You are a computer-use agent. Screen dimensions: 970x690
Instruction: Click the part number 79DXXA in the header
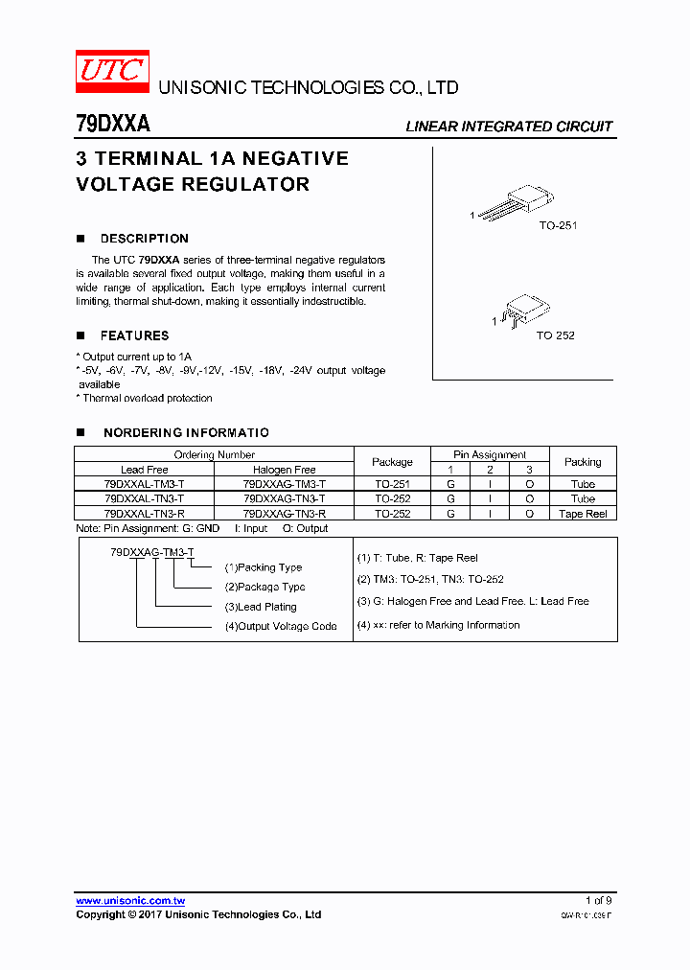(112, 125)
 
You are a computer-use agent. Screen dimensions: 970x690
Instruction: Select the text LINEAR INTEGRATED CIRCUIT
(508, 127)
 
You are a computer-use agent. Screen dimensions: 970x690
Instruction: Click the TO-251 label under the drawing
(558, 225)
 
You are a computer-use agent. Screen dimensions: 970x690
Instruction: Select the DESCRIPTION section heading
(144, 239)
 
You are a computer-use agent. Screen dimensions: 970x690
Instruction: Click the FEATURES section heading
(134, 335)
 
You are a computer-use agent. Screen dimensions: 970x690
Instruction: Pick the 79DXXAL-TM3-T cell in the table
(144, 484)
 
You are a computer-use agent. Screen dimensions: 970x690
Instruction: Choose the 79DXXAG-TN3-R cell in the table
(284, 514)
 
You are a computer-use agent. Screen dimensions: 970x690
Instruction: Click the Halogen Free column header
(284, 470)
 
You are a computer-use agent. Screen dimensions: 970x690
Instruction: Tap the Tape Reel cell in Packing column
(583, 514)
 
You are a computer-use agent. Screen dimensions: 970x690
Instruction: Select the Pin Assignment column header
(490, 454)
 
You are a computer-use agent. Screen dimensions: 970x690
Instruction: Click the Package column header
(392, 462)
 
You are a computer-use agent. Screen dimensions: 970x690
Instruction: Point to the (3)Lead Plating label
(261, 607)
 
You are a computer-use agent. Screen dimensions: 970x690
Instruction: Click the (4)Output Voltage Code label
(281, 626)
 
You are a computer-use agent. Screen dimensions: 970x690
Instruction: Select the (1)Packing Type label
(264, 567)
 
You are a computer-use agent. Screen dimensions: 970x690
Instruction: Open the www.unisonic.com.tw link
(130, 900)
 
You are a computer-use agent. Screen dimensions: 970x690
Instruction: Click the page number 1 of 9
(598, 900)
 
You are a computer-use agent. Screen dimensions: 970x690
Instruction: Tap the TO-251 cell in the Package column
(392, 484)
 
